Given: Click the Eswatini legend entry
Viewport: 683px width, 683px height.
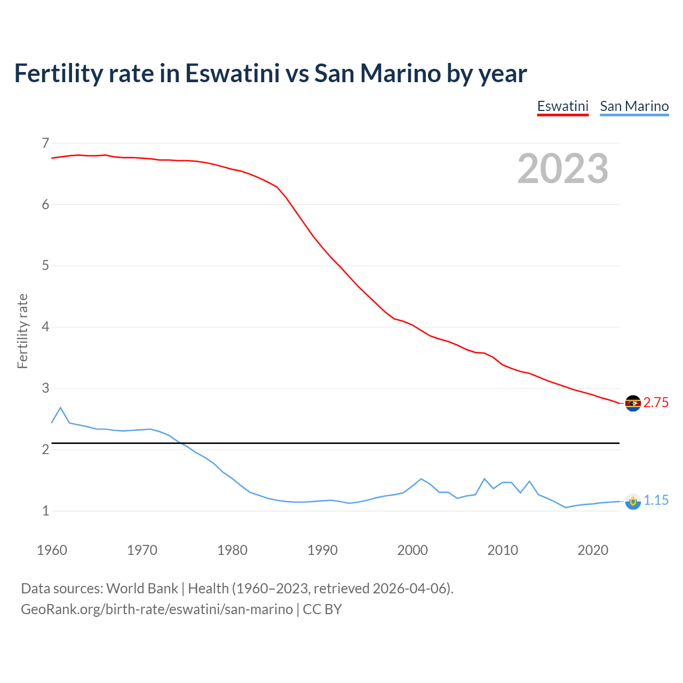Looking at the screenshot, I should (562, 106).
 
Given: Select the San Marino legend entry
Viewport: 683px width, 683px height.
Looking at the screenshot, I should (634, 106).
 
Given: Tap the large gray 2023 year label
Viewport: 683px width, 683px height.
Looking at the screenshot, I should (562, 169).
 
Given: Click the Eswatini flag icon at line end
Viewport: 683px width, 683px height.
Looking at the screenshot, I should (633, 403).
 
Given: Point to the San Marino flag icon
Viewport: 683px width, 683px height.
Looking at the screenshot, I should (633, 501).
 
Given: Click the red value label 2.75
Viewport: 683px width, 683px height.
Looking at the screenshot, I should (656, 403).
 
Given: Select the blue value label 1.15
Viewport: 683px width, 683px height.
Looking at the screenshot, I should (656, 501).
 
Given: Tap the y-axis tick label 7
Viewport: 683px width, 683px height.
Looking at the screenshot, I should (45, 143).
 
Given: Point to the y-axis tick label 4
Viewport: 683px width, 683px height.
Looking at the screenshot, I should (45, 327).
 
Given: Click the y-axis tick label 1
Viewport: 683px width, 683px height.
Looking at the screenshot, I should (45, 511).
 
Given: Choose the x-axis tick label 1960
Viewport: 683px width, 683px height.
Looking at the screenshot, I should (52, 550).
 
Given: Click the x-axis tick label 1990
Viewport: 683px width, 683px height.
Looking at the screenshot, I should (322, 550).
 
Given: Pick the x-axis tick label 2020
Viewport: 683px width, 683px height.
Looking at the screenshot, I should (593, 550).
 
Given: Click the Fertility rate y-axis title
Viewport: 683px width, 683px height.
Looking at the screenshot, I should (22, 331).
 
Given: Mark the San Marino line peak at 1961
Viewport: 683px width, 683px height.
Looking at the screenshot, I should (60, 408).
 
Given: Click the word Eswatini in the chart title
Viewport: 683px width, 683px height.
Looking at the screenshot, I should (232, 73).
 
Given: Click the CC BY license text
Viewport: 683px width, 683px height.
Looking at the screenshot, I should (322, 609).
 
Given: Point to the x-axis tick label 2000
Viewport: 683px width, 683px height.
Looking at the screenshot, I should (412, 550).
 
